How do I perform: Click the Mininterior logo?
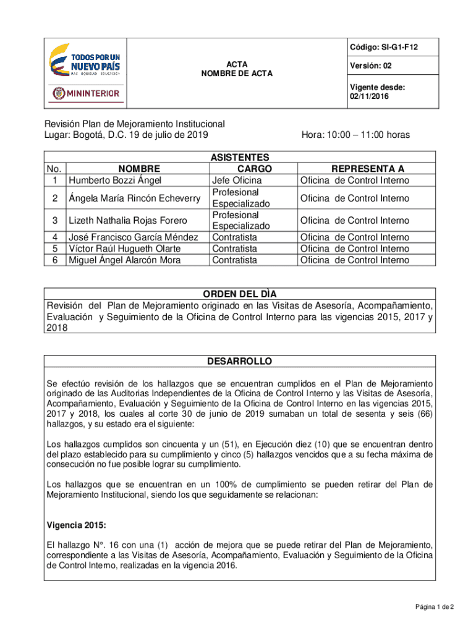tap(86, 93)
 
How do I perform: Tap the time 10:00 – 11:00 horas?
tap(355, 135)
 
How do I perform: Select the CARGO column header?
tap(254, 169)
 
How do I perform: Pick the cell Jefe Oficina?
tap(237, 181)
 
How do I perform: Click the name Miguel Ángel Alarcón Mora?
tap(125, 260)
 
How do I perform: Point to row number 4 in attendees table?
tap(55, 237)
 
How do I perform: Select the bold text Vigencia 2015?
tap(76, 525)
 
